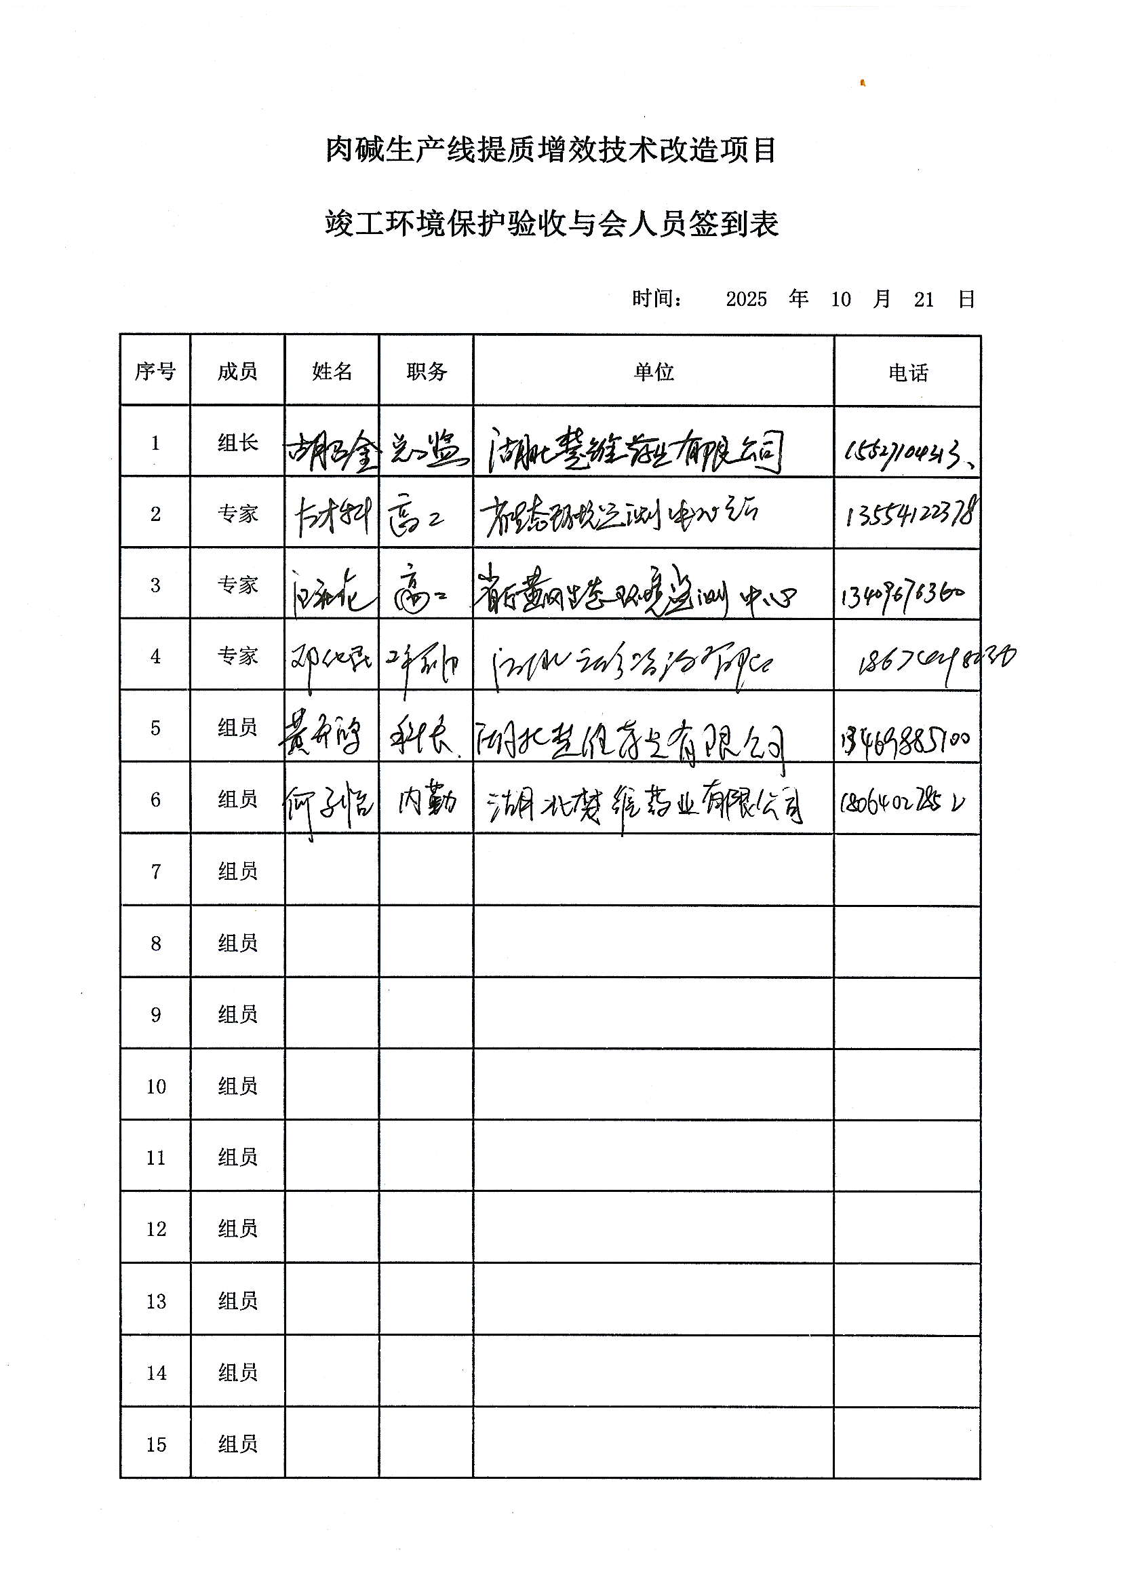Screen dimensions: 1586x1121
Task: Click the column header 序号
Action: (155, 371)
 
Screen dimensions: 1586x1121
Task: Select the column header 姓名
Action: (332, 371)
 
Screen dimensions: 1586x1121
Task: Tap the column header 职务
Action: (426, 371)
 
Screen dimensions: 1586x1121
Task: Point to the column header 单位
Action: (653, 372)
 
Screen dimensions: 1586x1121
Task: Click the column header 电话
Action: (907, 372)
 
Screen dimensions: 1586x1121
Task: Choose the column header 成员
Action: (237, 371)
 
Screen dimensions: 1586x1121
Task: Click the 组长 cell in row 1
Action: (237, 442)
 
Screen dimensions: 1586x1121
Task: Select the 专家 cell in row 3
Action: (237, 584)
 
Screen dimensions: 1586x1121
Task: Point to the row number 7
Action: (156, 871)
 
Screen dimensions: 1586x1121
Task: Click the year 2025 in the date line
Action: (746, 299)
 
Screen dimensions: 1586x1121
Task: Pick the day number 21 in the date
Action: (924, 299)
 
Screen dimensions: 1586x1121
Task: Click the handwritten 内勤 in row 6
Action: (427, 801)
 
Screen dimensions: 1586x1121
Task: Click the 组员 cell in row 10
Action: (237, 1086)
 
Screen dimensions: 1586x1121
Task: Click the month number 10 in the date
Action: (840, 299)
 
